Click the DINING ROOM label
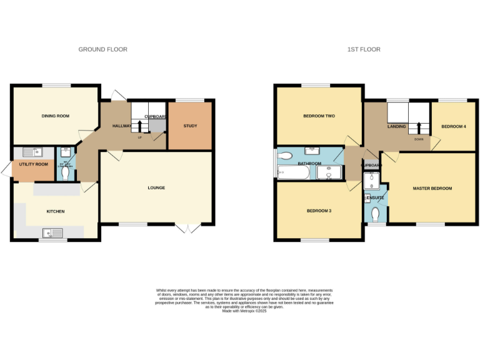[x=55, y=116]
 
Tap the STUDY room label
[x=190, y=126]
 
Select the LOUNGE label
[x=156, y=187]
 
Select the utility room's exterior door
[x=6, y=169]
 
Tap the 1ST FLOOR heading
[x=364, y=49]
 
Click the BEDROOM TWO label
[x=319, y=116]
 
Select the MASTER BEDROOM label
[x=432, y=187]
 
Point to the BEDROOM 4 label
[x=453, y=126]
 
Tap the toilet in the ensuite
[x=375, y=214]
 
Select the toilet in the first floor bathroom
[x=285, y=155]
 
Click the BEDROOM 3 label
[x=319, y=211]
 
